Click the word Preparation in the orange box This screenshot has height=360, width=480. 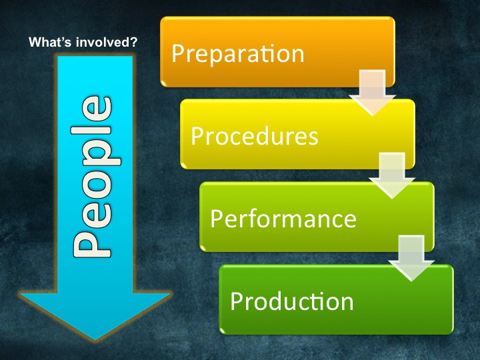238,53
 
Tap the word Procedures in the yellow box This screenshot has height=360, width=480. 255,135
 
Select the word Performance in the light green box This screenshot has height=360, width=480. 283,218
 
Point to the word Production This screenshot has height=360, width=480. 292,301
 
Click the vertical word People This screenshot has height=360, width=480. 96,177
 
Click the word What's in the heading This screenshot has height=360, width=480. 50,42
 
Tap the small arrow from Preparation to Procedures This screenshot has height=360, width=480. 372,93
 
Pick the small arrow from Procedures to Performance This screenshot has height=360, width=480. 392,175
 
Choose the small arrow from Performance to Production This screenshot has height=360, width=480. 411,258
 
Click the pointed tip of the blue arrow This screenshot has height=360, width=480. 95,340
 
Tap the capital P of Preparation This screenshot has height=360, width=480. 177,53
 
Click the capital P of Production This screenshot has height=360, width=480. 236,301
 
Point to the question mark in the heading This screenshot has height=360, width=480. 134,42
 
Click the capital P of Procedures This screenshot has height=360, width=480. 197,135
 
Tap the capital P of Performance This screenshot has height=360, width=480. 217,218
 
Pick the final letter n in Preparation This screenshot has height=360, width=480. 298,55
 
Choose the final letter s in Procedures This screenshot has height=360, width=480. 313,138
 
